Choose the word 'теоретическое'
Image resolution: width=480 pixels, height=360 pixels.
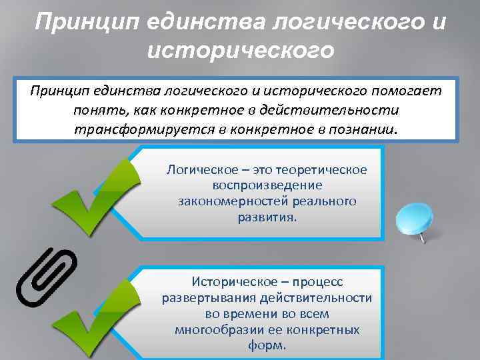tap(323, 169)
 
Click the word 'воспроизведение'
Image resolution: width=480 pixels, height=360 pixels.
tap(267, 185)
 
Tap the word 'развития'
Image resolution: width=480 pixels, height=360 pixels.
tap(266, 217)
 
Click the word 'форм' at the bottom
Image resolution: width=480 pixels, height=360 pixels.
tap(266, 346)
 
